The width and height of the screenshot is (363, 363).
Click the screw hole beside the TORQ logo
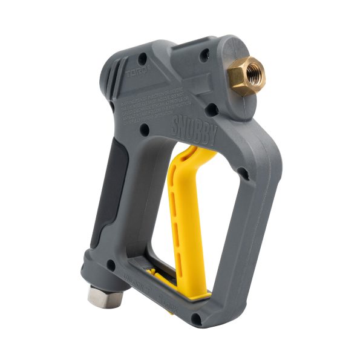point(142,59)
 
